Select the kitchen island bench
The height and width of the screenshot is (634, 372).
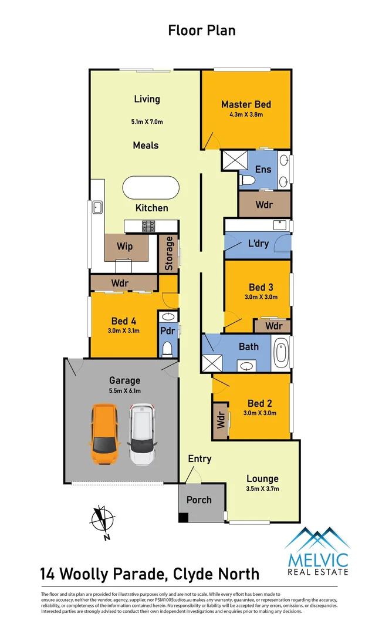pyautogui.click(x=150, y=188)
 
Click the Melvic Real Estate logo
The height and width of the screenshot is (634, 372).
pyautogui.click(x=317, y=551)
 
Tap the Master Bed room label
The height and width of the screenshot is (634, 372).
pyautogui.click(x=246, y=104)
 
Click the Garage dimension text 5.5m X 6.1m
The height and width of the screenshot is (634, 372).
pyautogui.click(x=124, y=391)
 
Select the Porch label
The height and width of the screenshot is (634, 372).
pyautogui.click(x=199, y=500)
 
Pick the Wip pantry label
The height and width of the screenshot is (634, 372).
pyautogui.click(x=124, y=245)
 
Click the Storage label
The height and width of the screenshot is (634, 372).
pyautogui.click(x=170, y=253)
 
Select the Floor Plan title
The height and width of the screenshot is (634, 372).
pyautogui.click(x=202, y=30)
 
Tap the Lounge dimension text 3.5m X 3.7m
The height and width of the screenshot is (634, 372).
pyautogui.click(x=262, y=488)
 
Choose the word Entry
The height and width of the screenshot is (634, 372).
pyautogui.click(x=199, y=458)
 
